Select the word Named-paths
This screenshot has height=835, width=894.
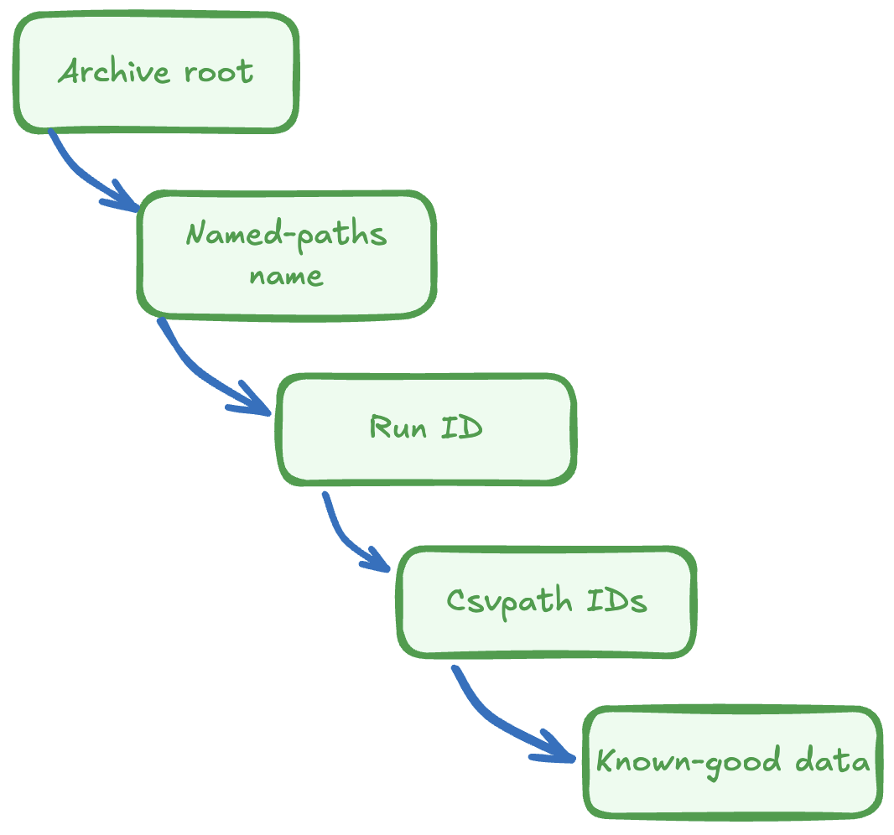coord(286,233)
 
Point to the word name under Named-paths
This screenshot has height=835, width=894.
coord(286,276)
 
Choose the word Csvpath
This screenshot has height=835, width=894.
coord(509,601)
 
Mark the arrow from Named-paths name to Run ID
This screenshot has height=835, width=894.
coord(201,369)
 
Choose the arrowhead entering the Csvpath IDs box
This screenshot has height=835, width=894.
coord(377,562)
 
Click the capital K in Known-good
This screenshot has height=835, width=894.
coord(605,762)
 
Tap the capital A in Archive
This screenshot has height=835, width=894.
coord(70,72)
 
